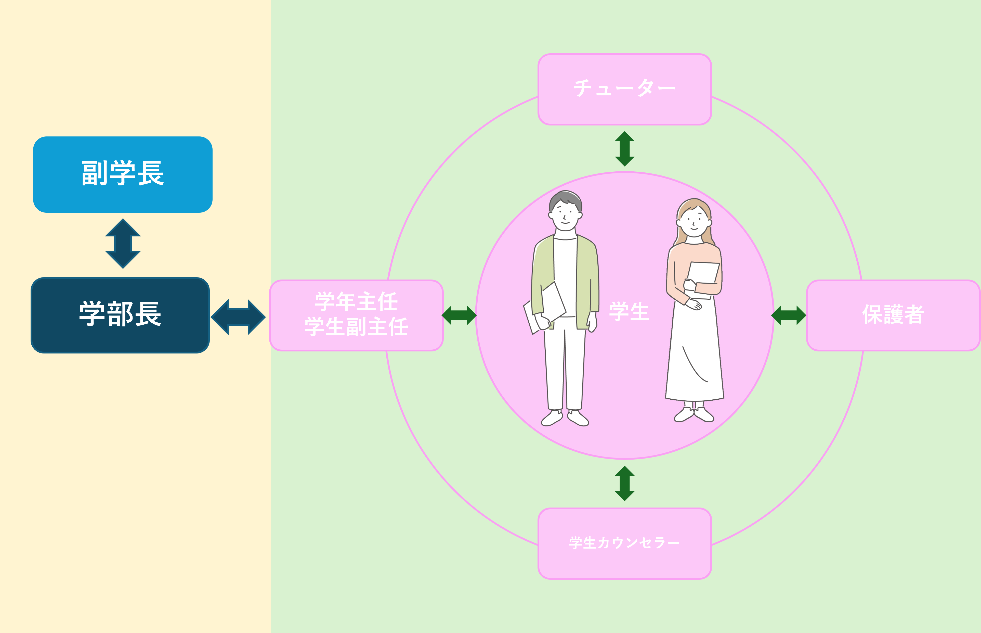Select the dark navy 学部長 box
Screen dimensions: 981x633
[x=120, y=315]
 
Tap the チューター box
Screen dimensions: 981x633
[x=624, y=89]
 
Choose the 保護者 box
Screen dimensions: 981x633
[x=893, y=315]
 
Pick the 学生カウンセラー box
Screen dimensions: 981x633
[x=624, y=543]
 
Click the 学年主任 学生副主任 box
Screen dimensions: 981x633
[x=356, y=315]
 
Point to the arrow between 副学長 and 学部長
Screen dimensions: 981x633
[x=123, y=243]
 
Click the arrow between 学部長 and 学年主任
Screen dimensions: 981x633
[x=238, y=317]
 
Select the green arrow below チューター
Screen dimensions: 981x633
[x=624, y=149]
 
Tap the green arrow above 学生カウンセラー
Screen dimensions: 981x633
[x=624, y=483]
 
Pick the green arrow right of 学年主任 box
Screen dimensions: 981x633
[x=459, y=315]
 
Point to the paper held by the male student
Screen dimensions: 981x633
[x=544, y=308]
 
